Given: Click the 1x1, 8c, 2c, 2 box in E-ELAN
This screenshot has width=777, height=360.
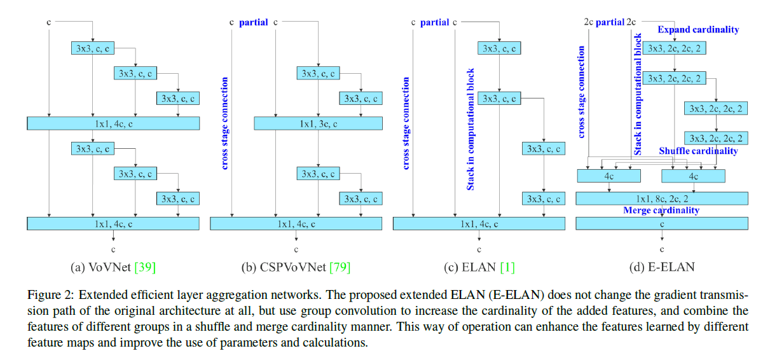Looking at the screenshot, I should click(661, 198).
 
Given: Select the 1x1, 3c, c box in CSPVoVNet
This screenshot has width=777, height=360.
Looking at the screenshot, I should click(318, 123).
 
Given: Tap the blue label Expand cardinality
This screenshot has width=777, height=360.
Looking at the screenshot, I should click(698, 30).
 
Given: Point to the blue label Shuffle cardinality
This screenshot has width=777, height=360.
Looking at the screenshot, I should click(698, 151).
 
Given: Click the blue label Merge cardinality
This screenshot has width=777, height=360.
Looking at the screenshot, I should click(661, 211).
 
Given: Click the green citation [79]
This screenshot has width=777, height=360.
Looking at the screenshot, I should click(340, 267).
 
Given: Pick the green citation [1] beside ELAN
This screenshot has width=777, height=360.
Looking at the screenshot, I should click(507, 267).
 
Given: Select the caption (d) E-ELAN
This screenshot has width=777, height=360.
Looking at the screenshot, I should click(661, 267).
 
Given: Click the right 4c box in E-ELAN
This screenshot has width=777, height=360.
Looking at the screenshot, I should click(693, 175).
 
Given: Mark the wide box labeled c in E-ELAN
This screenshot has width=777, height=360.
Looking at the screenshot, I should click(661, 223).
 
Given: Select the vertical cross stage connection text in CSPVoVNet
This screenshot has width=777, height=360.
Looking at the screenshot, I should click(224, 123).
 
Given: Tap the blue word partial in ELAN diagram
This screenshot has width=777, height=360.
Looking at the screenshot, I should click(434, 22).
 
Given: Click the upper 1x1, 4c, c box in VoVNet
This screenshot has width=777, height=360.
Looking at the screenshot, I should click(113, 123).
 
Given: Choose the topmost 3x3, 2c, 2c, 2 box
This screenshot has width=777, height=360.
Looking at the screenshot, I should click(674, 48).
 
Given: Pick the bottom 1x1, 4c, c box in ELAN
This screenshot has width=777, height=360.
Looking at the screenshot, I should click(479, 223).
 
